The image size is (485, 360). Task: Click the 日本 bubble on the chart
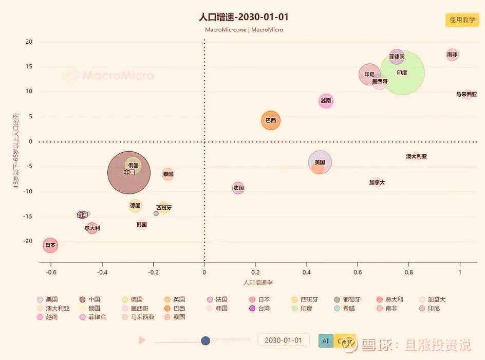point(50,245)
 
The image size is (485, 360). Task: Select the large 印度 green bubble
point(402,73)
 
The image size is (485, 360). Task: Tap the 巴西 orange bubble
point(271,121)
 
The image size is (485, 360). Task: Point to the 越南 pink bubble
point(326,101)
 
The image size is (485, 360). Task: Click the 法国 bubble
point(238,188)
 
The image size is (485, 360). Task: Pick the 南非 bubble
point(452,55)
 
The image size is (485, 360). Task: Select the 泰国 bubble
point(168,174)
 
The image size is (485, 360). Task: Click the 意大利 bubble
point(92,228)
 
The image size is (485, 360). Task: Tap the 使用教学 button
point(462,20)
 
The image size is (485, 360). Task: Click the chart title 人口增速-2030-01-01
point(244,17)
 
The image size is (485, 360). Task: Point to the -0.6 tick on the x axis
point(51,273)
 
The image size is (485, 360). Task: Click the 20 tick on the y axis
point(29,42)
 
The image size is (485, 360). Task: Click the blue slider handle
point(206,340)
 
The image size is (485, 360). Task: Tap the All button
point(326,341)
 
